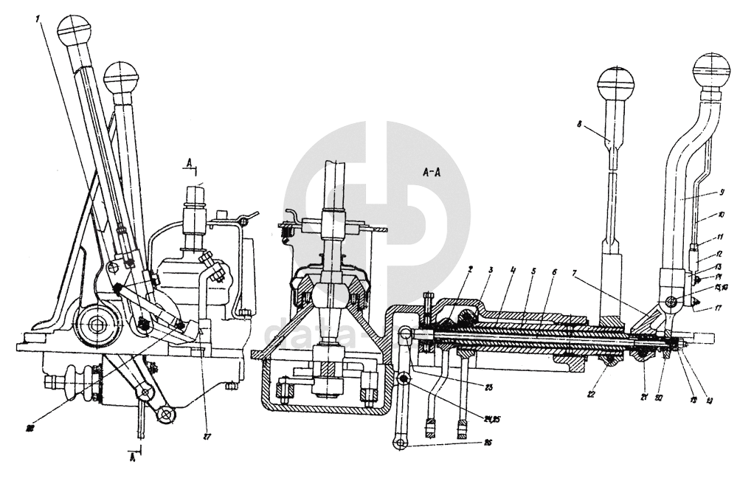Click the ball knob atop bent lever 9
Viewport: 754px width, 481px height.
711,72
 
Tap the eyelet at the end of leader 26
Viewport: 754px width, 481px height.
399,443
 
